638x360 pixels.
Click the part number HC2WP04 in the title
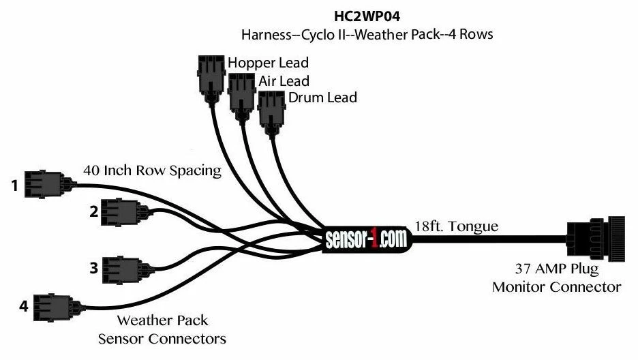point(367,16)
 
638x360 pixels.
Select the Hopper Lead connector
point(211,79)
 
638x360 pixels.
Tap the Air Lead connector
point(242,97)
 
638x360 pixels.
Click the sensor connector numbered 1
point(50,184)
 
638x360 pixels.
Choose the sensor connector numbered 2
point(125,212)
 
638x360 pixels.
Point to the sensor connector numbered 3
point(128,270)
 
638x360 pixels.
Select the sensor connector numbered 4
point(59,307)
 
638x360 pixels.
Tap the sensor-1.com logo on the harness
point(366,239)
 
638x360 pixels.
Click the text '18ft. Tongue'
point(456,226)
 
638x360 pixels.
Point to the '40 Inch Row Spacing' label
point(152,170)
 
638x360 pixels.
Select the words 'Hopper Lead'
point(268,63)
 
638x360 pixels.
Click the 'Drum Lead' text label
point(322,97)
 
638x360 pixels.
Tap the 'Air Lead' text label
point(284,81)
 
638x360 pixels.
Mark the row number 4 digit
point(24,306)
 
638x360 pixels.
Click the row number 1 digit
point(15,186)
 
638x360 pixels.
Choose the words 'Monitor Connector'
point(557,287)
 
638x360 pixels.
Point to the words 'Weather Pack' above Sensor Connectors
point(162,320)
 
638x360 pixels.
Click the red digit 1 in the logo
point(373,240)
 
